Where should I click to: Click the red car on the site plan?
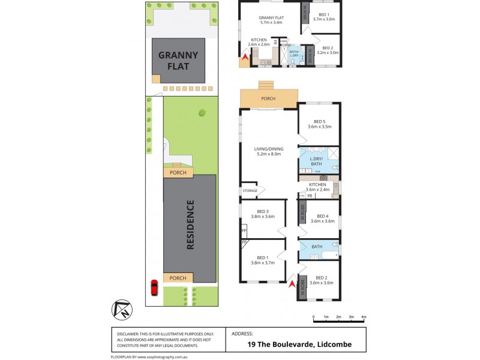point(154,288)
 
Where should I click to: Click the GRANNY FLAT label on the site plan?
point(178,60)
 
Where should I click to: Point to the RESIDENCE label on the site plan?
point(190,224)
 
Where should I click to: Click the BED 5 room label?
point(319,124)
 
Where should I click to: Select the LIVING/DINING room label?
point(268,152)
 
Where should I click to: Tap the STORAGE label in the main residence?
point(250,191)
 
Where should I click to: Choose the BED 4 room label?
point(322,219)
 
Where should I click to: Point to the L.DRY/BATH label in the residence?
point(316,161)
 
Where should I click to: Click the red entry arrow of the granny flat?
point(244,58)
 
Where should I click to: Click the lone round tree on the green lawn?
point(202,112)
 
